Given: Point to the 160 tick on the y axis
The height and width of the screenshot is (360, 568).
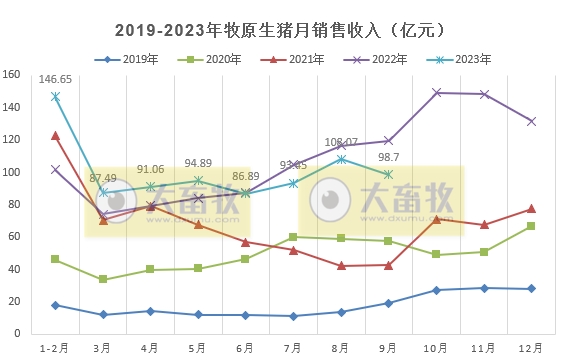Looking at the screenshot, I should pos(12,75).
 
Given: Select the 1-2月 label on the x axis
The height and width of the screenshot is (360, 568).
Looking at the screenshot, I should pos(55,347).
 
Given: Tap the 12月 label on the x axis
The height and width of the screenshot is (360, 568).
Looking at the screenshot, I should pos(531,347).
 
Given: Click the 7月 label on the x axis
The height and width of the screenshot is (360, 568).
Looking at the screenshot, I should pos(293,347).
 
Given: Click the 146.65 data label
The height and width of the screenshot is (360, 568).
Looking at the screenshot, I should pos(56,79).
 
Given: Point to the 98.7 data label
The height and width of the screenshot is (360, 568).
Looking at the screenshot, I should pos(388,158).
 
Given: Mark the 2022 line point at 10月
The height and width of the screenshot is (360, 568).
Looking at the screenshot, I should pos(436,93).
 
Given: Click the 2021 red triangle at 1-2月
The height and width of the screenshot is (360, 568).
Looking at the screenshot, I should pos(56,135).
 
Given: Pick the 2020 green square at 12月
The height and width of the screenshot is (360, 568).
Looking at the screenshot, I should pos(531,226).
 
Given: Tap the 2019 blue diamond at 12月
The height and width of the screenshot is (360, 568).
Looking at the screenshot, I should pos(531,289).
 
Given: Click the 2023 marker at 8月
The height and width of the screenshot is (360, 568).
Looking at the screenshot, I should pos(341,159).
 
